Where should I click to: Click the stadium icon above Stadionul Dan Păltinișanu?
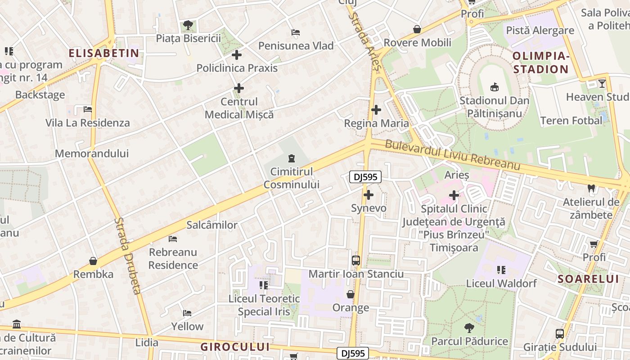[x=494, y=87]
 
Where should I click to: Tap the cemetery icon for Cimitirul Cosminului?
[x=292, y=158]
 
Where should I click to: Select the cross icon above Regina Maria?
[x=376, y=109]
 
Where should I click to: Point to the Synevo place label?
[x=369, y=208]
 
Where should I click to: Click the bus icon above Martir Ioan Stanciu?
[x=356, y=260]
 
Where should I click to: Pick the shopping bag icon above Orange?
[x=351, y=294]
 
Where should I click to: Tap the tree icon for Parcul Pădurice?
[x=469, y=328]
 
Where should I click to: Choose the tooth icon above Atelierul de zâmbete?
[x=591, y=189]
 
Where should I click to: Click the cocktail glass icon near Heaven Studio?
[x=602, y=83]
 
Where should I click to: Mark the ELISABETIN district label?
[x=104, y=54]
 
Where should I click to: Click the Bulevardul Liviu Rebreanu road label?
[x=453, y=156]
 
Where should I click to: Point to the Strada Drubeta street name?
[x=128, y=256]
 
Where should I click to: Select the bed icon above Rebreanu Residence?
[x=173, y=238]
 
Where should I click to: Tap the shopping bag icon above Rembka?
[x=93, y=261]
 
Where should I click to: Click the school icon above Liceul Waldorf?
[x=501, y=270]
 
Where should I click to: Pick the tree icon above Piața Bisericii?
[x=188, y=25]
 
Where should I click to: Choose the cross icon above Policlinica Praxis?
[x=237, y=55]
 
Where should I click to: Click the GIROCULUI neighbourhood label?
[x=235, y=347]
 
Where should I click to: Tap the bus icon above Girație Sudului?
[x=560, y=334]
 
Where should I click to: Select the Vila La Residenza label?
[x=87, y=123]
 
